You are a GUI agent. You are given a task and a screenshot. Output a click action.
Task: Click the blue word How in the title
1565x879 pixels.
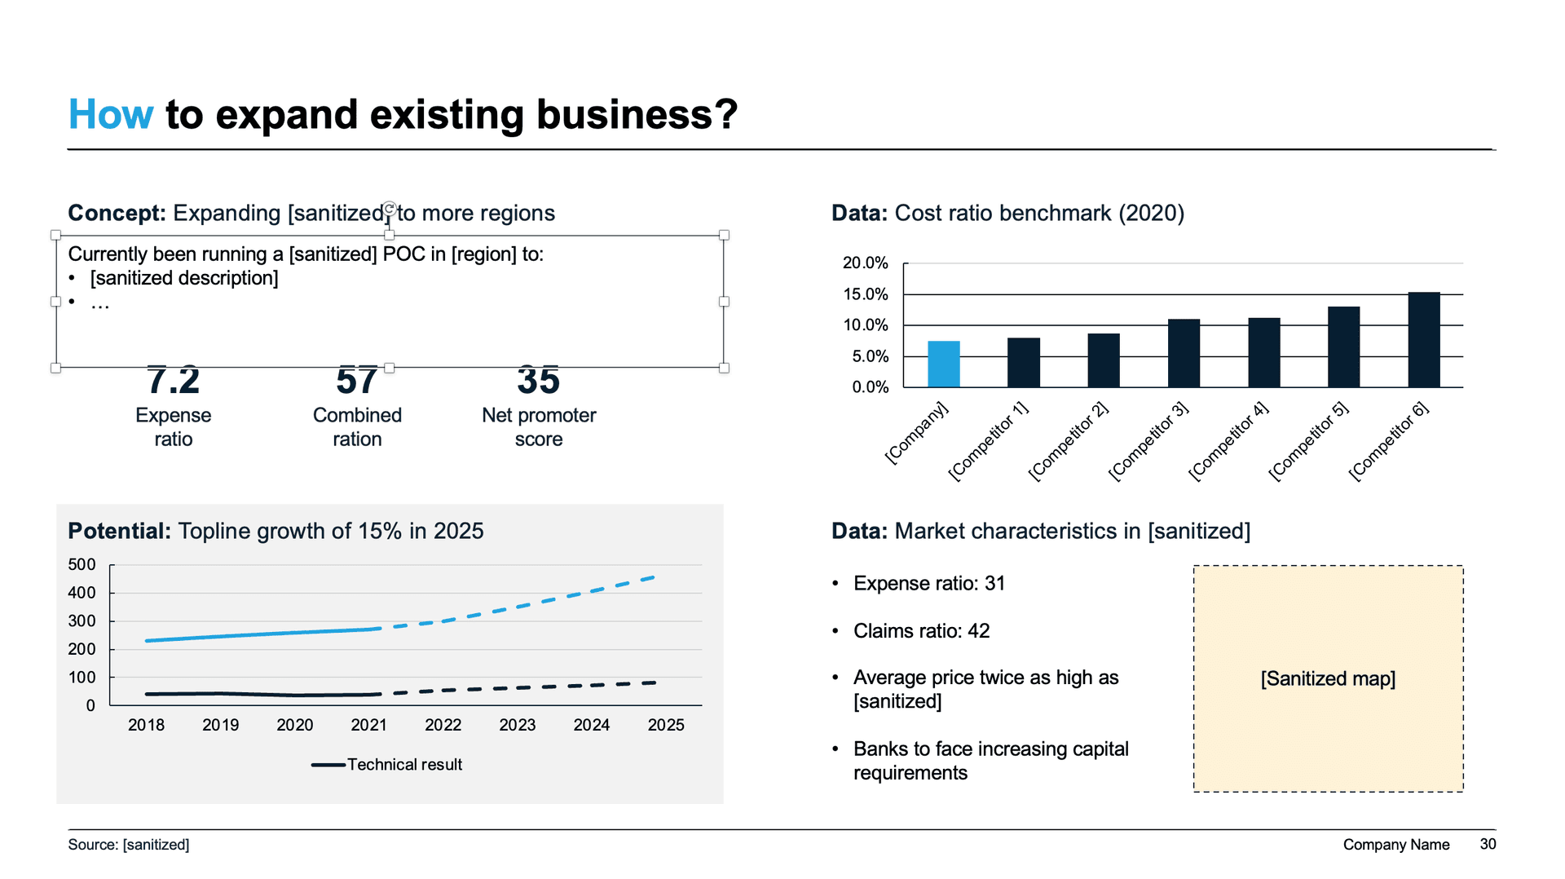(110, 114)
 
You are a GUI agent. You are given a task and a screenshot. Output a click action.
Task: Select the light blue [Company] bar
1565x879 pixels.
(943, 364)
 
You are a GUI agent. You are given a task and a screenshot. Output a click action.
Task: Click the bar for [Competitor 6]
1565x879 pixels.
(1423, 339)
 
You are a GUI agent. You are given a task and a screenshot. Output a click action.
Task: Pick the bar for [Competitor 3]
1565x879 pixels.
(1184, 353)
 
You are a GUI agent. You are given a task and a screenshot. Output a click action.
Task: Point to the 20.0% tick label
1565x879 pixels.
(865, 263)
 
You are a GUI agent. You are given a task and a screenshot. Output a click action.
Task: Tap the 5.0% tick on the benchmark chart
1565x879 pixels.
(870, 356)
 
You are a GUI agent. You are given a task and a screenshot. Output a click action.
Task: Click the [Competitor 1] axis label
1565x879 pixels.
(989, 441)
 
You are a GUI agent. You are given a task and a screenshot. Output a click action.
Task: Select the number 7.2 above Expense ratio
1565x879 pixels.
(173, 380)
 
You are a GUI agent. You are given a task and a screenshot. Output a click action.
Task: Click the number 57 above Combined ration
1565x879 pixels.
(357, 380)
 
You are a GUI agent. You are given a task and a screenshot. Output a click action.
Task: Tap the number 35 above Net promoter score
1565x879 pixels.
(538, 380)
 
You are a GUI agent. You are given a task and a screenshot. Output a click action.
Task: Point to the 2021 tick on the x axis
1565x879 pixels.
(368, 725)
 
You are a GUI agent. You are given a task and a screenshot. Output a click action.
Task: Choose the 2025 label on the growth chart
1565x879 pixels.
(665, 725)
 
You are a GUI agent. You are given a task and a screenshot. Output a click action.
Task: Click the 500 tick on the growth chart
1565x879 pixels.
(82, 564)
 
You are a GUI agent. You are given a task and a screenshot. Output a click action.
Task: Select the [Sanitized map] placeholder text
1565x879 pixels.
(1328, 678)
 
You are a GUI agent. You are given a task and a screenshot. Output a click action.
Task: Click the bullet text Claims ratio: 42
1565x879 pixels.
(921, 630)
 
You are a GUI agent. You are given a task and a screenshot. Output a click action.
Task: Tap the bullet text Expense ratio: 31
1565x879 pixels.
(929, 583)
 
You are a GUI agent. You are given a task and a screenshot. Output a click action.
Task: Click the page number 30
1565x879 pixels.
(1488, 844)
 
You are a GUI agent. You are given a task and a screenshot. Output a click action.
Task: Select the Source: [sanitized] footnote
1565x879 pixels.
(129, 845)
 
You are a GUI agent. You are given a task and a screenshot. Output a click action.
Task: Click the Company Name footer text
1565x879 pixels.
(1395, 845)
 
